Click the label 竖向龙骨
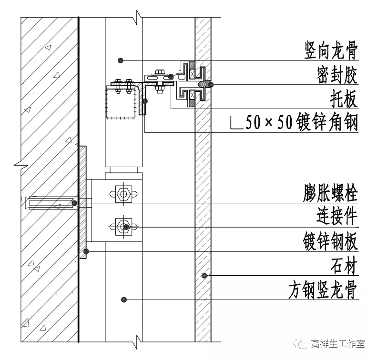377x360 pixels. pyautogui.click(x=331, y=50)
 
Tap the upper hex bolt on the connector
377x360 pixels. pyautogui.click(x=123, y=194)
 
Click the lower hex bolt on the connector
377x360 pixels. pyautogui.click(x=123, y=226)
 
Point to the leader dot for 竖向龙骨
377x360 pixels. pyautogui.click(x=121, y=60)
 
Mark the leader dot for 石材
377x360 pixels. pyautogui.click(x=204, y=275)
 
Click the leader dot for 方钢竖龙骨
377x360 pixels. pyautogui.click(x=124, y=299)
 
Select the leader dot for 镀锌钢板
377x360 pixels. pyautogui.click(x=86, y=251)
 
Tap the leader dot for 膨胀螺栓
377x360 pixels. pyautogui.click(x=74, y=203)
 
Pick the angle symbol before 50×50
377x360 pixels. pyautogui.click(x=235, y=124)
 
